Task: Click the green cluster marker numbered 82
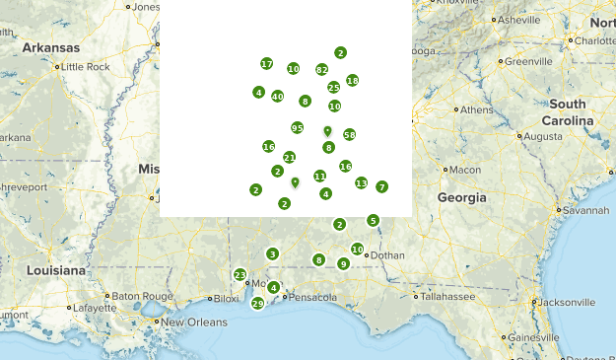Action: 321,70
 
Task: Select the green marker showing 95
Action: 298,128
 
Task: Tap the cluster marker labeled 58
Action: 349,134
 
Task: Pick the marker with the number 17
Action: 266,64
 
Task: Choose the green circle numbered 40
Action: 278,97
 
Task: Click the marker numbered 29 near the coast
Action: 257,304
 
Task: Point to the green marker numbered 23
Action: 240,275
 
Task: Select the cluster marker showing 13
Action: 361,183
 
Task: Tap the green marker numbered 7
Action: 381,186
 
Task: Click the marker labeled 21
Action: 289,158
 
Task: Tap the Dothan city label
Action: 387,255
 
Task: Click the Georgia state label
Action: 462,198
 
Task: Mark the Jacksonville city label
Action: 571,302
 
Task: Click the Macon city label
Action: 464,170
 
